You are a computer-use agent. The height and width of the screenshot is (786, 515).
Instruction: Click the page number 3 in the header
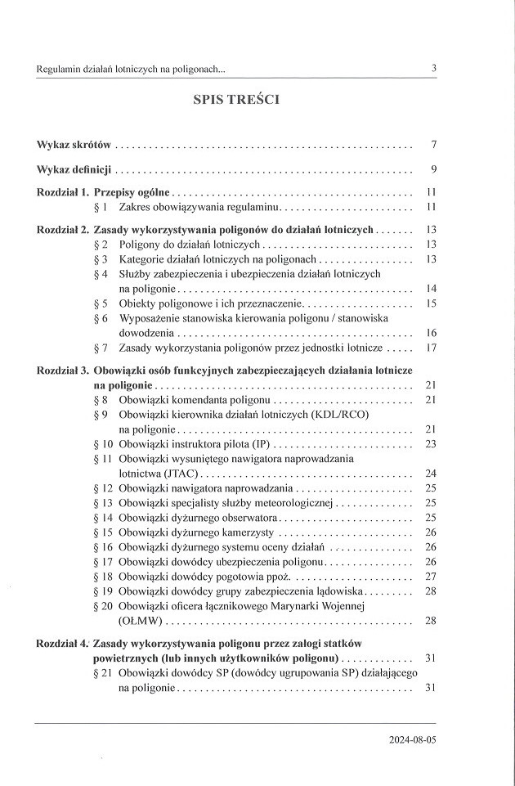pos(433,69)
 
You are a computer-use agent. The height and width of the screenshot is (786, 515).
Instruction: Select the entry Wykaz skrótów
pos(74,146)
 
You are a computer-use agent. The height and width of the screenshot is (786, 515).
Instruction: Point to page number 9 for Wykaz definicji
pos(435,170)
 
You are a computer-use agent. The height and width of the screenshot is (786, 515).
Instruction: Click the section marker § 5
pos(101,303)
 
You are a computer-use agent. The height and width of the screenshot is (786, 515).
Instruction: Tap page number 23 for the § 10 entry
pos(432,444)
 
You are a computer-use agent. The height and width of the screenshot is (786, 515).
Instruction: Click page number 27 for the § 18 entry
pos(432,577)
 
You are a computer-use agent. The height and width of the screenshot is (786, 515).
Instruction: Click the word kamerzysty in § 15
pos(249,532)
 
